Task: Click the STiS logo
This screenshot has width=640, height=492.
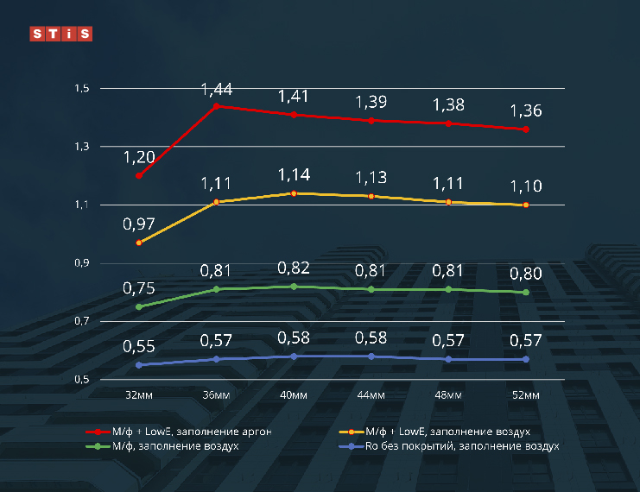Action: point(60,35)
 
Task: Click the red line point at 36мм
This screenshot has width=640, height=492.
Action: point(216,106)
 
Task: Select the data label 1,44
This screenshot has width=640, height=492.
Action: point(217,89)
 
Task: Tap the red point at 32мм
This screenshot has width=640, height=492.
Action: point(139,176)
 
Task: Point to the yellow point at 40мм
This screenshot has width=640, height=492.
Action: point(294,193)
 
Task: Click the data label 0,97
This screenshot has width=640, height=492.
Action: point(139,224)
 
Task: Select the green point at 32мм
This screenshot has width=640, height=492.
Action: point(139,306)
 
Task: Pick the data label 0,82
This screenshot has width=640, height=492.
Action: point(294,268)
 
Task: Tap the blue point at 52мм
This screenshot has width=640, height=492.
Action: point(526,359)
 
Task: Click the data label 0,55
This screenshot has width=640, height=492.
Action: point(139,347)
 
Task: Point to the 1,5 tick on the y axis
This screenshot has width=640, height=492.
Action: point(83,89)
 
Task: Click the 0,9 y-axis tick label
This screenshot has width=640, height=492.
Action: point(83,263)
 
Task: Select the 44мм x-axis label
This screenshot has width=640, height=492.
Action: point(371,394)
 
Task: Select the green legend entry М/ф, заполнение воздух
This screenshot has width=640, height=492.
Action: point(164,446)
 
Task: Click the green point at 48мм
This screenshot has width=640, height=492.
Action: point(448,289)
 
